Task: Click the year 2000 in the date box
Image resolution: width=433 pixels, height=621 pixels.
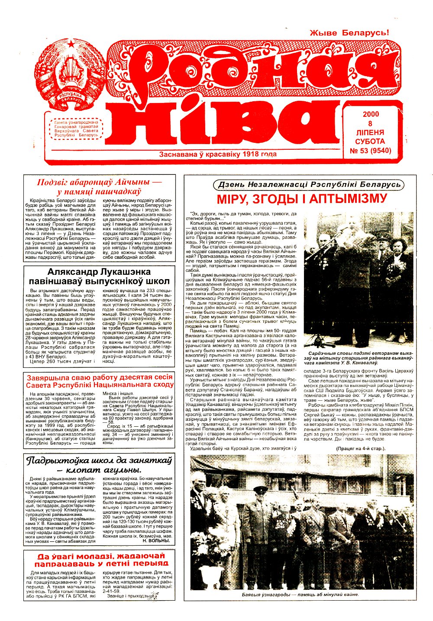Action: click(371, 114)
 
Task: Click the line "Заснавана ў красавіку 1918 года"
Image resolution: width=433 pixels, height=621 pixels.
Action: click(217, 154)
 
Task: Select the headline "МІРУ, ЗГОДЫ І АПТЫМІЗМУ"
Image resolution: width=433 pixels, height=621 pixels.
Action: click(302, 199)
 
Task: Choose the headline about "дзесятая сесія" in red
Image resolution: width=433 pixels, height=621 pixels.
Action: click(100, 380)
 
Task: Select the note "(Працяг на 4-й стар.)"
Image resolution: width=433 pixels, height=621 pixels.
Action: click(361, 448)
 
